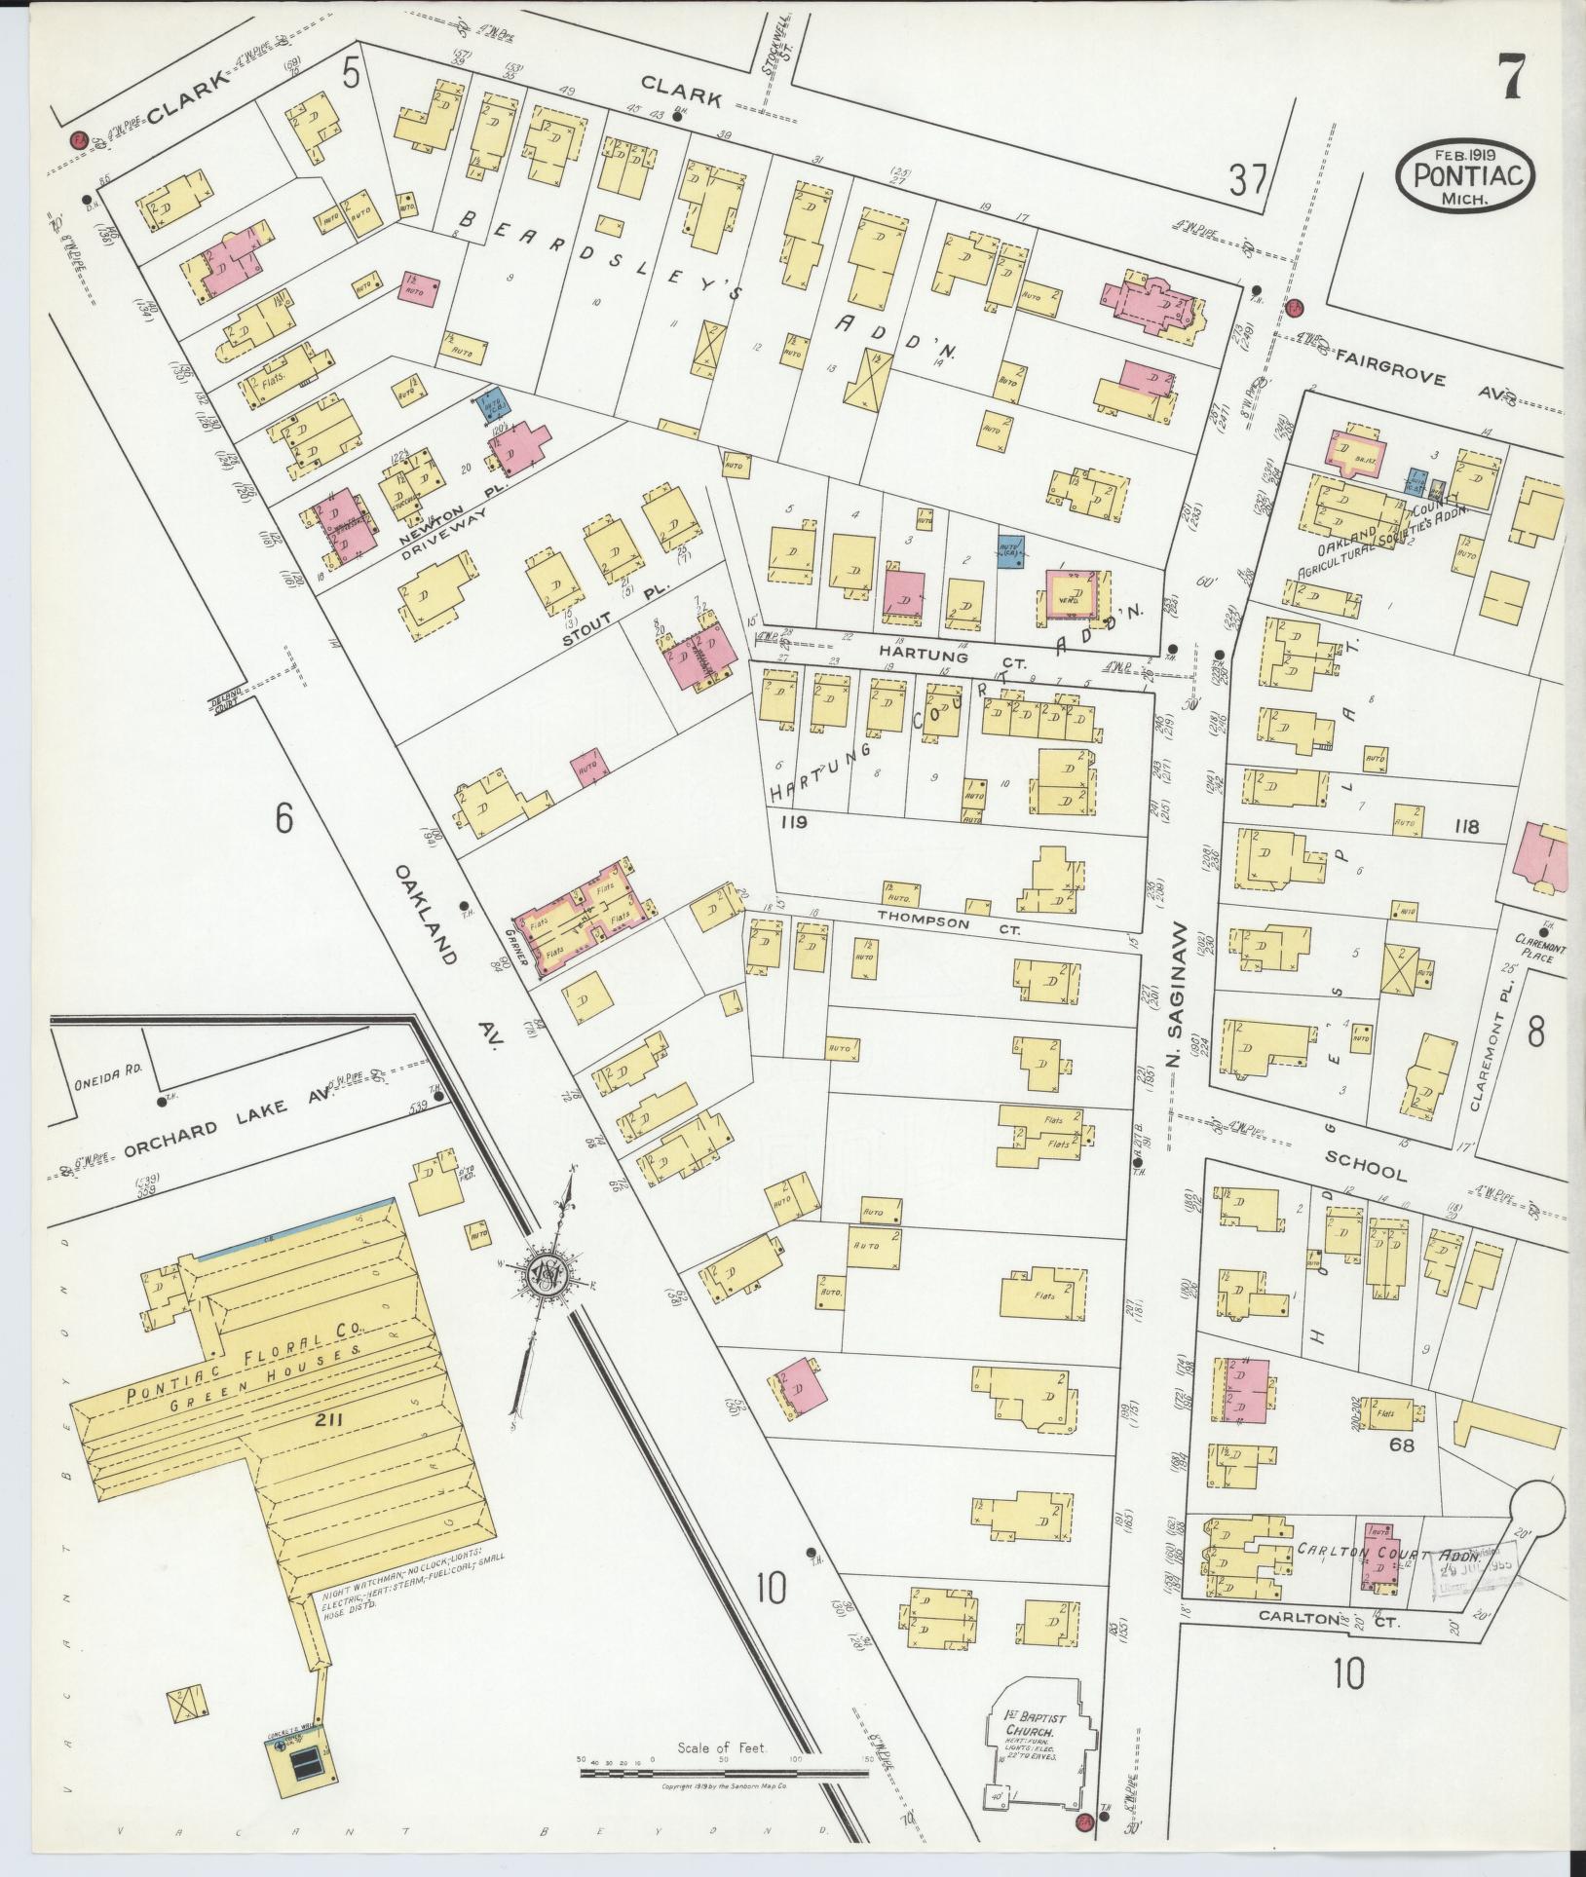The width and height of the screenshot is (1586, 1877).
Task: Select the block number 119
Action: click(795, 821)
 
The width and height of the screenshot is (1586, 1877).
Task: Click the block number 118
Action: click(1465, 827)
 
